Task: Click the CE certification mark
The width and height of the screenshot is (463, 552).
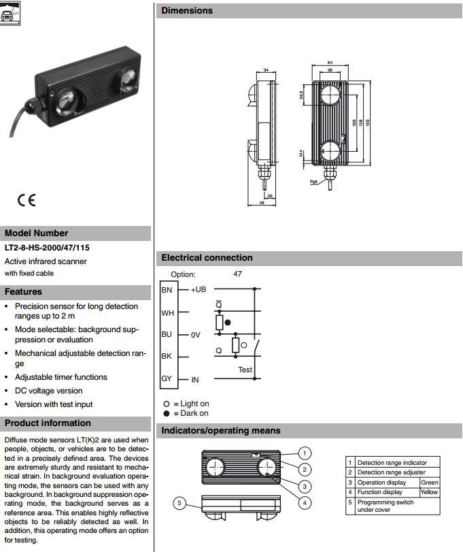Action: point(27,201)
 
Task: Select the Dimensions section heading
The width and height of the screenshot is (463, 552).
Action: point(187,10)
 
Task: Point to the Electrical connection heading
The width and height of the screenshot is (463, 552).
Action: point(207,258)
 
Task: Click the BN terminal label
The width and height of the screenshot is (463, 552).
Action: point(167,289)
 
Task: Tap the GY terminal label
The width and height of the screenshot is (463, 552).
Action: point(167,378)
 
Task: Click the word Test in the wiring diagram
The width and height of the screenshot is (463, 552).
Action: point(245,370)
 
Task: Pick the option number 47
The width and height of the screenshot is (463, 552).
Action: point(237,274)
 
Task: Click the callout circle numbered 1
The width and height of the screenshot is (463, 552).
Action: point(306,453)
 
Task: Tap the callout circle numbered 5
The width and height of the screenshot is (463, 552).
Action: point(179,504)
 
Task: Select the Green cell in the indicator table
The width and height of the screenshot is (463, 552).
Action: point(430,482)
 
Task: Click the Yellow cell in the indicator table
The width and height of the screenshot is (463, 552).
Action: point(429,491)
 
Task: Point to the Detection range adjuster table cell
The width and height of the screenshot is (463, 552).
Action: point(392,472)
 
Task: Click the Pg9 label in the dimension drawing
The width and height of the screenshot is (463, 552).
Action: point(313,182)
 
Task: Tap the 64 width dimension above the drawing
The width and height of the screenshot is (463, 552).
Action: point(330,63)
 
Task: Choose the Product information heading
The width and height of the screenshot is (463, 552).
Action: point(48,423)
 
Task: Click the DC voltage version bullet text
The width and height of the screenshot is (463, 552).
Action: point(49,391)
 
